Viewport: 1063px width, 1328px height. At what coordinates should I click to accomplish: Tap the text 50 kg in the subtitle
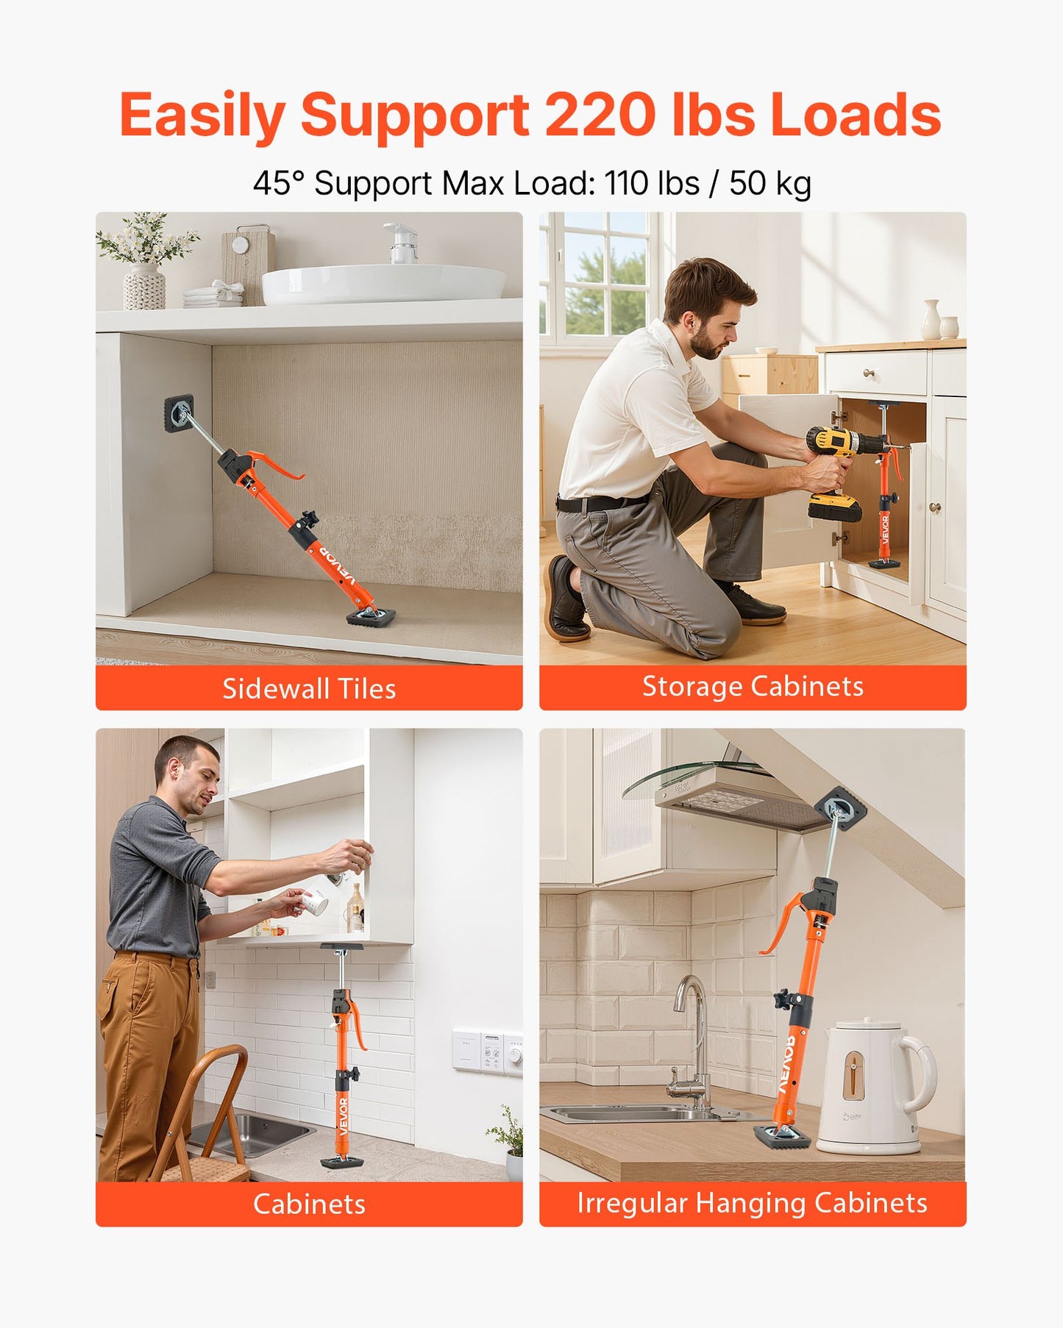(x=770, y=183)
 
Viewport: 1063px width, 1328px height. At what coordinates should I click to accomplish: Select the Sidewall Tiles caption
(x=309, y=689)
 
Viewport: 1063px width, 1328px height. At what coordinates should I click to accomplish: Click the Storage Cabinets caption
(x=753, y=686)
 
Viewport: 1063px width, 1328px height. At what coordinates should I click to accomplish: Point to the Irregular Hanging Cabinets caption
(x=752, y=1203)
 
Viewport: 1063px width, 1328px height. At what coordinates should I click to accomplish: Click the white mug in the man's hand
(x=316, y=902)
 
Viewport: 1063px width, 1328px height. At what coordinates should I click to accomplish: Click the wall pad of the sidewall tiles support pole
(x=179, y=413)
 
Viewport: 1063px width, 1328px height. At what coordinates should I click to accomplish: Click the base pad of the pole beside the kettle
(x=782, y=1137)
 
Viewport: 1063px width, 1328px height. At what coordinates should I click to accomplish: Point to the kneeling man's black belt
(x=600, y=503)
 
